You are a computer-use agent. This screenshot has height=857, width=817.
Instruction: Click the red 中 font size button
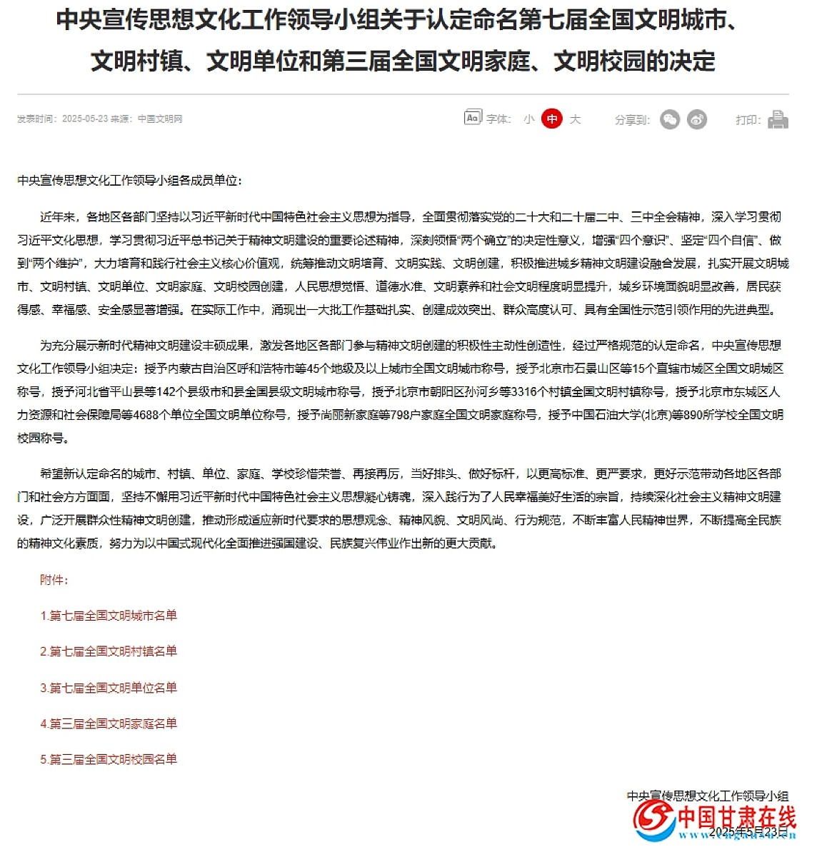pyautogui.click(x=551, y=119)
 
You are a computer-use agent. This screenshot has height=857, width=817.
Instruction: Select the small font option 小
pyautogui.click(x=528, y=119)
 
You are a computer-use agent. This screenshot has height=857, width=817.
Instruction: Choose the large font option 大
pyautogui.click(x=575, y=119)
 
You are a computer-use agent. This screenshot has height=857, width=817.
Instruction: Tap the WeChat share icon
pyautogui.click(x=670, y=119)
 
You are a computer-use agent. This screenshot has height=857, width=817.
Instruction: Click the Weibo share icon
pyautogui.click(x=697, y=119)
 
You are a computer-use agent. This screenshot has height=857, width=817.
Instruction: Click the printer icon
pyautogui.click(x=778, y=119)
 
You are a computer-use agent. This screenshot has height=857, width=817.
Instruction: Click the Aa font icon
pyautogui.click(x=473, y=118)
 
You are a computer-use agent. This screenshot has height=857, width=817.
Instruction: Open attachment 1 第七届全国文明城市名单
pyautogui.click(x=109, y=616)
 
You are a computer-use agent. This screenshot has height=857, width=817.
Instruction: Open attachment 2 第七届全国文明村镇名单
pyautogui.click(x=109, y=651)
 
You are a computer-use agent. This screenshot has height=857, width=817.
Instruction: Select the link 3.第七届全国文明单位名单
pyautogui.click(x=109, y=688)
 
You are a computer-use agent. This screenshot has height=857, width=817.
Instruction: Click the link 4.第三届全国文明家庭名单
pyautogui.click(x=109, y=723)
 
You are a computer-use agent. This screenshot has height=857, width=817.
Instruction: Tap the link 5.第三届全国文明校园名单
pyautogui.click(x=109, y=759)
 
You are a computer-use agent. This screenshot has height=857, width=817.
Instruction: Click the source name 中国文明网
pyautogui.click(x=160, y=119)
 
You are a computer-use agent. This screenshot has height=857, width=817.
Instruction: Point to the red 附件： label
pyautogui.click(x=54, y=580)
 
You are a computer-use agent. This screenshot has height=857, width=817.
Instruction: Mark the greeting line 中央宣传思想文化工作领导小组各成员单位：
pyautogui.click(x=130, y=181)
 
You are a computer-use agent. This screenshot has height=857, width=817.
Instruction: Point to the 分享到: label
pyautogui.click(x=632, y=119)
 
